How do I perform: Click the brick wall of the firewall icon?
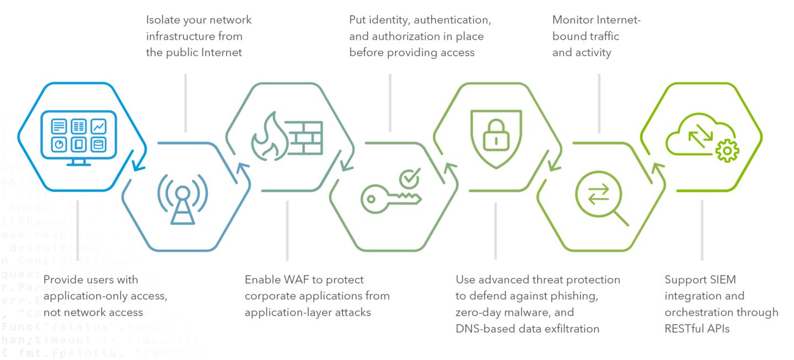click(x=306, y=138)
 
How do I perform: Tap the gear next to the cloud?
click(x=727, y=151)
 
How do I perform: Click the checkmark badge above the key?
click(x=410, y=177)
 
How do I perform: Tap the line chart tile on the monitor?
click(x=98, y=126)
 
